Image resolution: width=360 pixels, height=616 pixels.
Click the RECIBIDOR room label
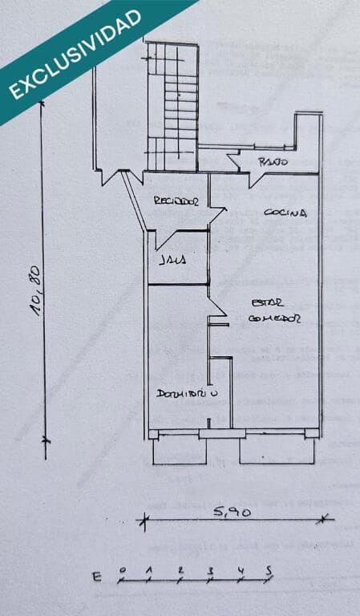[x=176, y=202]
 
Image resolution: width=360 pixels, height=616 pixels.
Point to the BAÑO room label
[x=273, y=163]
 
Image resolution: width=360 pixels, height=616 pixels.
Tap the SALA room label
[x=172, y=260]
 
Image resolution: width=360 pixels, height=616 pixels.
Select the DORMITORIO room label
[x=188, y=394]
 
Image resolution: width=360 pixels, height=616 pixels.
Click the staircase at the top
[x=172, y=104]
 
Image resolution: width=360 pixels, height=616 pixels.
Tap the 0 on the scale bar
[x=121, y=570]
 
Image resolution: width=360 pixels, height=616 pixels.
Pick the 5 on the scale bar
[x=269, y=569]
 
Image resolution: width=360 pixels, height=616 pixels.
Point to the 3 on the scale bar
[x=210, y=570]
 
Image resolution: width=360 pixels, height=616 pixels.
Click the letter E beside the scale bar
[x=97, y=577]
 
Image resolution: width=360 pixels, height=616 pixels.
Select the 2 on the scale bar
[x=180, y=570]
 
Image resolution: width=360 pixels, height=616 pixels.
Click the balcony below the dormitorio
[x=176, y=451]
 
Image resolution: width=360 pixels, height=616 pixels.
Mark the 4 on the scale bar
[x=240, y=570]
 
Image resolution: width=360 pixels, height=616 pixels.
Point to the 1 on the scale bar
[x=149, y=570]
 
